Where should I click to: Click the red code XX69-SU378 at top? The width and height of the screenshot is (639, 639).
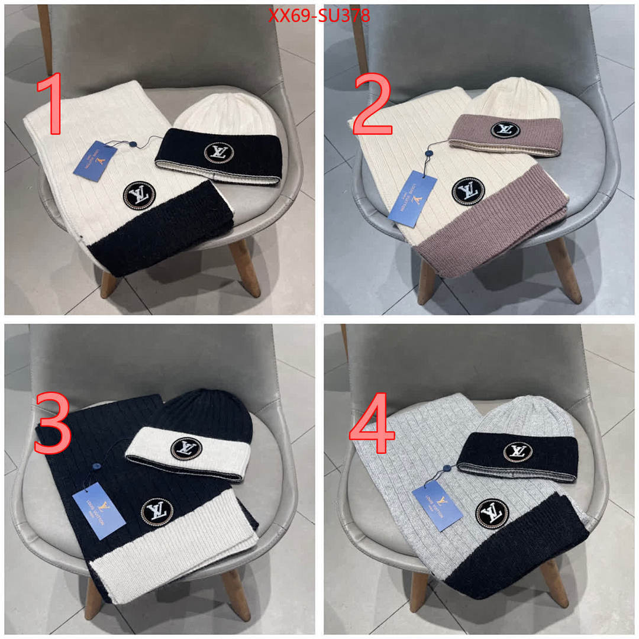pyautogui.click(x=319, y=16)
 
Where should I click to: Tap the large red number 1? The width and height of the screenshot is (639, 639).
pyautogui.click(x=51, y=105)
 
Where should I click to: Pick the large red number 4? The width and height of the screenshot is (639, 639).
pyautogui.click(x=372, y=425)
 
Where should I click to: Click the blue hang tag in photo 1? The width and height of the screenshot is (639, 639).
pyautogui.click(x=95, y=161)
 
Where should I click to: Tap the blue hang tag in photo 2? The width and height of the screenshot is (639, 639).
pyautogui.click(x=412, y=198)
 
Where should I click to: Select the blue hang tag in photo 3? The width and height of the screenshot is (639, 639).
pyautogui.click(x=98, y=510)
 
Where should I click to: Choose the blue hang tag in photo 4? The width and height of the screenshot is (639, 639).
pyautogui.click(x=437, y=505)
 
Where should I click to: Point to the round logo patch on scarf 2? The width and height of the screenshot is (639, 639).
pyautogui.click(x=468, y=191)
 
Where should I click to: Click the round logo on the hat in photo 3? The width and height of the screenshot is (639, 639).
pyautogui.click(x=185, y=448)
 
